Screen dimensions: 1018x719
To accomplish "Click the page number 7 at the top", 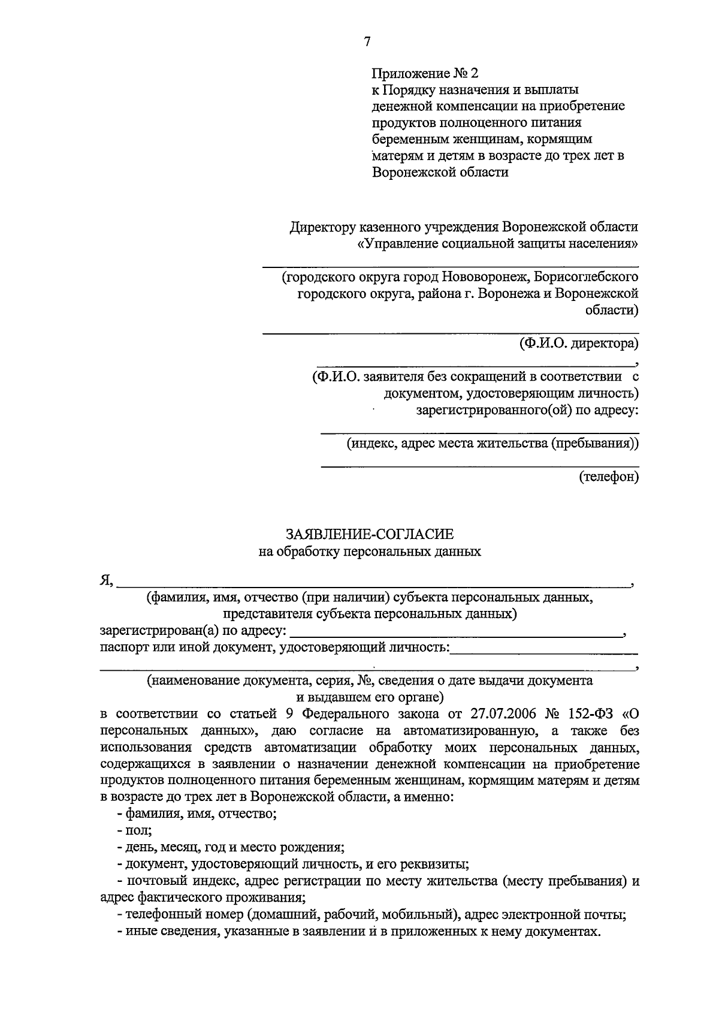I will (367, 41).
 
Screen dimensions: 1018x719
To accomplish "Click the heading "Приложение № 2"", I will (426, 73).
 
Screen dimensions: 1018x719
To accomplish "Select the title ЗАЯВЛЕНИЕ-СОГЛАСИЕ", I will (370, 534).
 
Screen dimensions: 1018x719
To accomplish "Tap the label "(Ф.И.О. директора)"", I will (579, 344).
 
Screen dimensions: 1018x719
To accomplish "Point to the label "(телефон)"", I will (609, 477).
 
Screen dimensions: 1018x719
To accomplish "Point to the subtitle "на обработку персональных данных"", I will (370, 551).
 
